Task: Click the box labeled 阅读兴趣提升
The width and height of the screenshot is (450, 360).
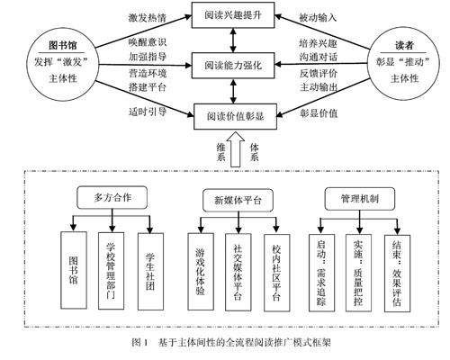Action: tap(233, 15)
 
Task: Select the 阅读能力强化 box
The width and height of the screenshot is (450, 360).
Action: tap(233, 66)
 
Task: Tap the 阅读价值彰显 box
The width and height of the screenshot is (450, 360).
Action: tap(235, 116)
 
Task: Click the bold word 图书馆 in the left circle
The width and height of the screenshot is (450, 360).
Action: tap(63, 45)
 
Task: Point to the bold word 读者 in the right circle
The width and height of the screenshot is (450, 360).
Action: tap(404, 45)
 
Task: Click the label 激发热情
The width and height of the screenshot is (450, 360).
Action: tap(148, 18)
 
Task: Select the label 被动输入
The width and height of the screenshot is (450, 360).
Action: tap(318, 18)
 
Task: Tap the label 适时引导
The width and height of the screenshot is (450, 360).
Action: tap(148, 112)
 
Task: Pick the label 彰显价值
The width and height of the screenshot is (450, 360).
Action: tap(319, 113)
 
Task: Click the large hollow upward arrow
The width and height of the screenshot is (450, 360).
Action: tap(236, 149)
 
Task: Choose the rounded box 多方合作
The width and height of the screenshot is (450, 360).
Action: tap(112, 197)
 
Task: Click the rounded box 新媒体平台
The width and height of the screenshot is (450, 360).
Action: tap(238, 200)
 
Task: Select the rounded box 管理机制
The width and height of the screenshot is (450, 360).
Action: tap(360, 199)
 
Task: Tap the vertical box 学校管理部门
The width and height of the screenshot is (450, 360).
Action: tap(112, 271)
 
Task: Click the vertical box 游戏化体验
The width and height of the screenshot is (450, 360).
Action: tap(201, 272)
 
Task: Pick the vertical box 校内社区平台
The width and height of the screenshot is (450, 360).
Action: tap(277, 273)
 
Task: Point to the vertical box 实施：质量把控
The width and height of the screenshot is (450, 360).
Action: tap(358, 273)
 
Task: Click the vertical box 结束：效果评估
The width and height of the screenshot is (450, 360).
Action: tap(398, 274)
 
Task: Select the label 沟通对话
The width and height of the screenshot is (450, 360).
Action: tap(318, 57)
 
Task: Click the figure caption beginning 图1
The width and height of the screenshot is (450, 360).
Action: tap(231, 342)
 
